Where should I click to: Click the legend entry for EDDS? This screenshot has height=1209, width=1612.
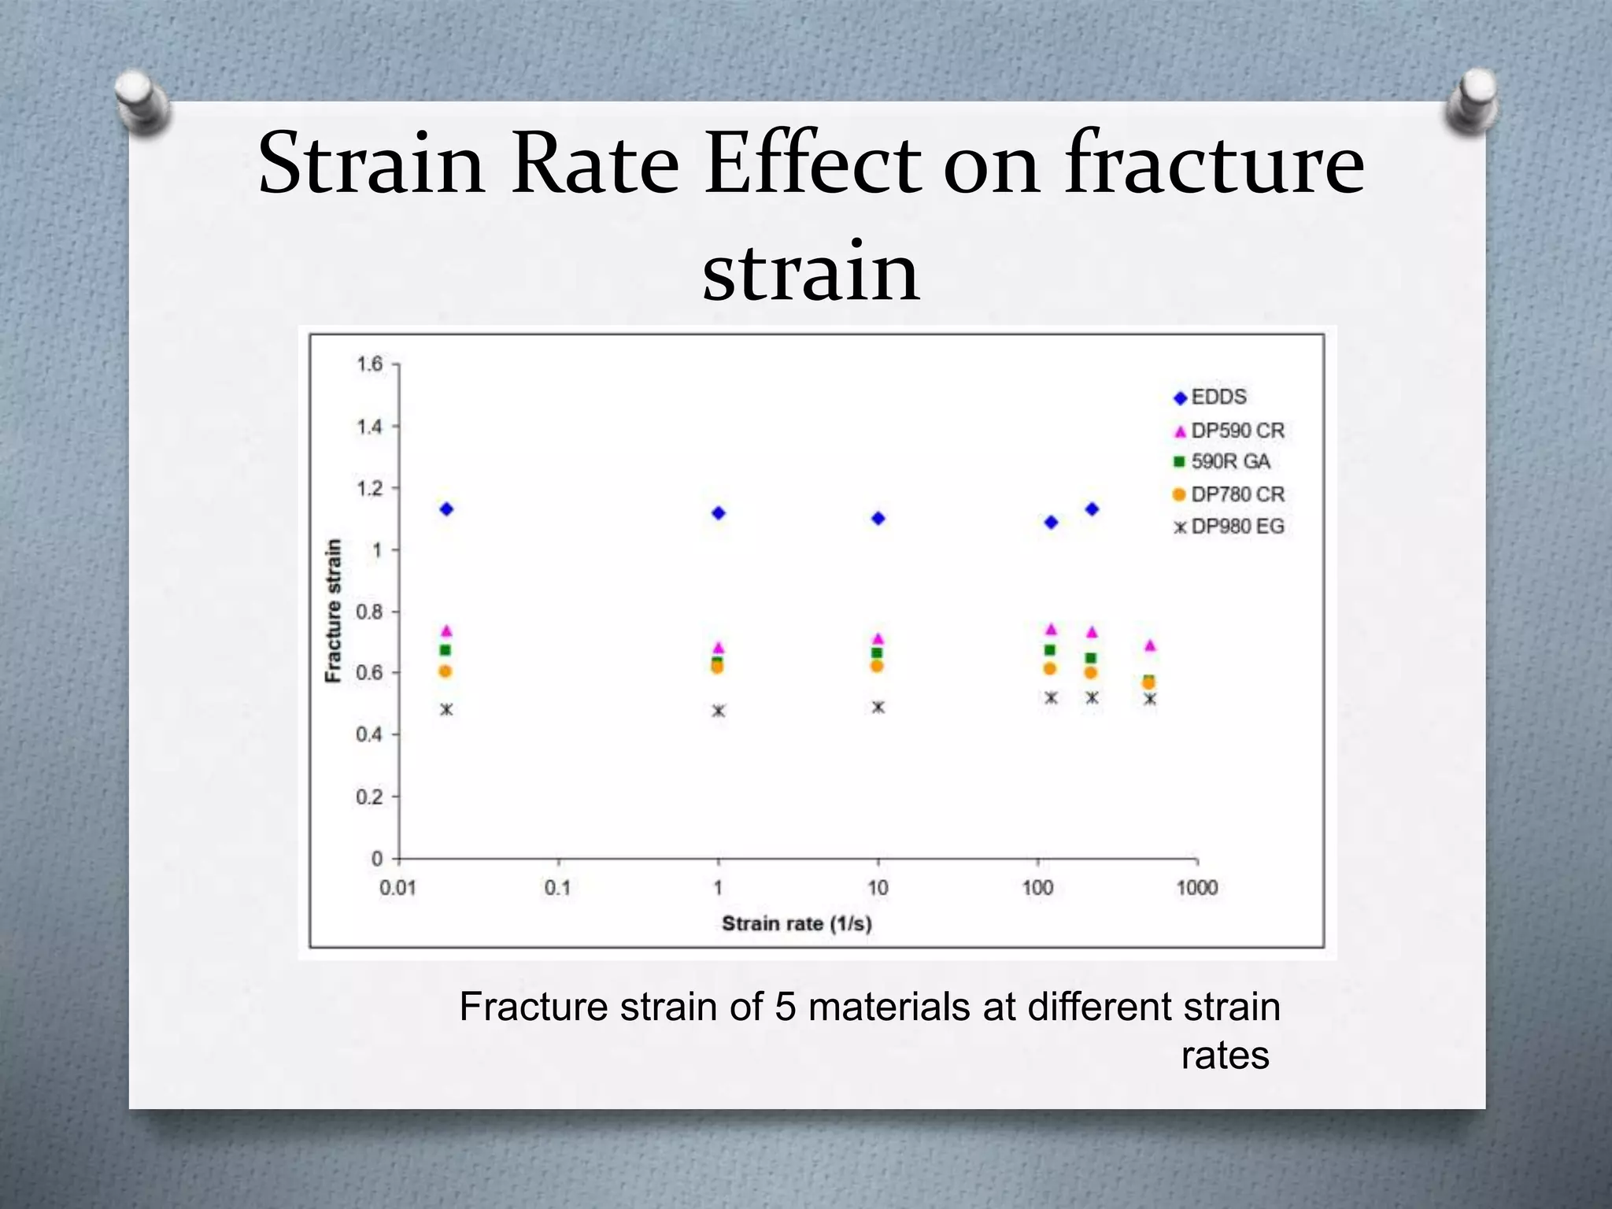tap(1218, 397)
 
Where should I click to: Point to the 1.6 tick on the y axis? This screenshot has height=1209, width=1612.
tap(369, 364)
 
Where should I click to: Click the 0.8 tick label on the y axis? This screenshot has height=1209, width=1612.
tap(369, 612)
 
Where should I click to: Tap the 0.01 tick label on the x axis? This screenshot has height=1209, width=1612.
tap(397, 888)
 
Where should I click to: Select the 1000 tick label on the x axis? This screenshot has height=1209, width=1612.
tap(1196, 888)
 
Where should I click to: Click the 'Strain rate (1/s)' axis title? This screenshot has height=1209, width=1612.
tap(797, 923)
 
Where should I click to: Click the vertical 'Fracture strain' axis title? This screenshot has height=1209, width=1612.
tap(334, 611)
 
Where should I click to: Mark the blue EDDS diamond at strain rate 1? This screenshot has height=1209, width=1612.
tap(718, 513)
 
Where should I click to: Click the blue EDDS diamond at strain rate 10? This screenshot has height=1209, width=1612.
tap(878, 518)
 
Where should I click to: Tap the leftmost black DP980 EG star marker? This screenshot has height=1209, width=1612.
tap(446, 709)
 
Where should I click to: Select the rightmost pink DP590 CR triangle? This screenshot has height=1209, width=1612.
tap(1150, 645)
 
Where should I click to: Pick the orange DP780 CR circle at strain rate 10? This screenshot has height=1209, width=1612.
tap(877, 666)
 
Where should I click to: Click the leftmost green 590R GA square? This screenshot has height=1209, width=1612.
tap(446, 650)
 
